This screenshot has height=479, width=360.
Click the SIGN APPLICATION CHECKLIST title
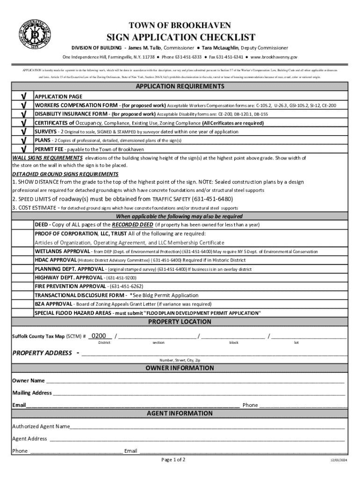(180, 37)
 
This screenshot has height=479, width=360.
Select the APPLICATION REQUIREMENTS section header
(180, 87)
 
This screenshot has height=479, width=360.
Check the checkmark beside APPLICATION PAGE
(22, 96)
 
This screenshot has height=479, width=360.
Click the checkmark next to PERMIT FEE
(22, 149)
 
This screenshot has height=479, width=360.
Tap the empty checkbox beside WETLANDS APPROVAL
(22, 251)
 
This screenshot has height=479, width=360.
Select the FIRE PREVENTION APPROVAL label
(70, 286)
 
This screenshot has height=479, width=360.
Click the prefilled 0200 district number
(101, 336)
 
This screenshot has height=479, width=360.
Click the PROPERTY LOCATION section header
(180, 322)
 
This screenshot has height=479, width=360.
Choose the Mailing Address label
(32, 393)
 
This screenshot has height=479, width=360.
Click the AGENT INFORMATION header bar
(180, 414)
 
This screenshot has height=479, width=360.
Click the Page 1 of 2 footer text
(173, 460)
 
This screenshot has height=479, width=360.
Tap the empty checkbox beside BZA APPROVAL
(22, 304)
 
